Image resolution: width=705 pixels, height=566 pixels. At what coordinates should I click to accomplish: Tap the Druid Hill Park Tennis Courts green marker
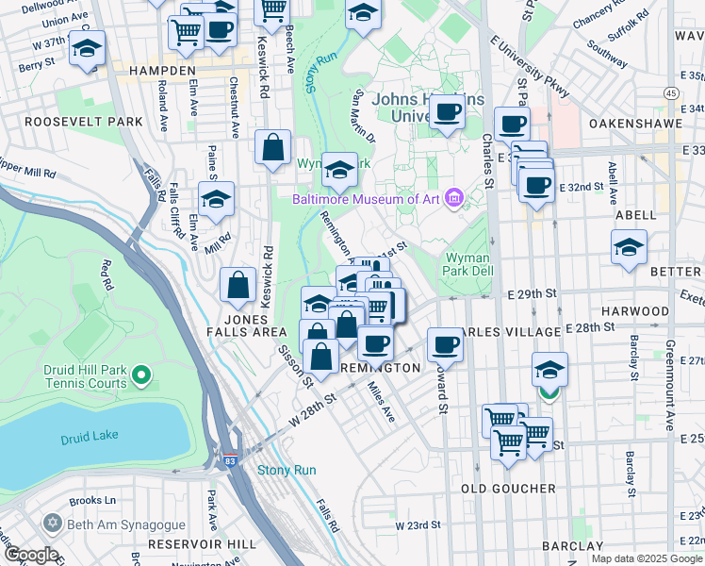pyautogui.click(x=141, y=376)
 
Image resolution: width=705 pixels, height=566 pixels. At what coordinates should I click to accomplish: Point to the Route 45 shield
pyautogui.click(x=670, y=92)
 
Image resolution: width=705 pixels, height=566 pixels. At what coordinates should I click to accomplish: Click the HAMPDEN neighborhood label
pyautogui.click(x=161, y=71)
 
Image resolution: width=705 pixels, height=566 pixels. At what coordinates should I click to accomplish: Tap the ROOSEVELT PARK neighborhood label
pyautogui.click(x=84, y=122)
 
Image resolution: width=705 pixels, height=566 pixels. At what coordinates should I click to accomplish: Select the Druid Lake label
pyautogui.click(x=87, y=439)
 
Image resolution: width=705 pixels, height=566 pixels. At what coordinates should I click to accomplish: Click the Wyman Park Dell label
pyautogui.click(x=467, y=264)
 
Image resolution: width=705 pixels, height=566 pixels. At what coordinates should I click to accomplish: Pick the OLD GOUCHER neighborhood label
pyautogui.click(x=509, y=489)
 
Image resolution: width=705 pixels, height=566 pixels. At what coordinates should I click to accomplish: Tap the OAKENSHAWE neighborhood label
pyautogui.click(x=636, y=124)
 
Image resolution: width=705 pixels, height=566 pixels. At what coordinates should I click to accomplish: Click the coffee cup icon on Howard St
pyautogui.click(x=445, y=344)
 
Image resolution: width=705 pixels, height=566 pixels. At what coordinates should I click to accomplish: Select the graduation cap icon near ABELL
pyautogui.click(x=629, y=247)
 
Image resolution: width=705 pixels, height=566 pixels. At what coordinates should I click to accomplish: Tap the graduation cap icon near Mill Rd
pyautogui.click(x=216, y=199)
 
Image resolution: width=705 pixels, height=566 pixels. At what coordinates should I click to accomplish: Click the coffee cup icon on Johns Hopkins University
pyautogui.click(x=447, y=112)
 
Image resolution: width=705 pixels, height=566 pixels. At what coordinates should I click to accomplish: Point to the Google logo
pyautogui.click(x=30, y=555)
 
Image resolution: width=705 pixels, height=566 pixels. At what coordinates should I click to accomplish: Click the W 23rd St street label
pyautogui.click(x=418, y=525)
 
